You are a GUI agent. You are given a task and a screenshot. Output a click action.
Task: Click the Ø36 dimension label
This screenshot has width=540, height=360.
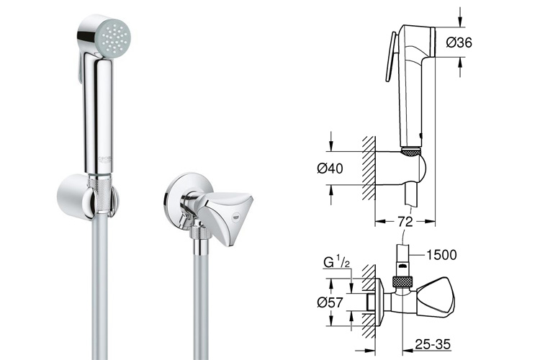click(459, 42)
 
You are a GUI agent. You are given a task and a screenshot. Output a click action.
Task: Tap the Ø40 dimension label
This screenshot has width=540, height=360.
click(330, 168)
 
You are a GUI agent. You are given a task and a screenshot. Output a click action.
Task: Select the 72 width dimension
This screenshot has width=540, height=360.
click(405, 221)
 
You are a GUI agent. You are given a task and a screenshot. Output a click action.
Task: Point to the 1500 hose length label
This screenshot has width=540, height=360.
click(441, 255)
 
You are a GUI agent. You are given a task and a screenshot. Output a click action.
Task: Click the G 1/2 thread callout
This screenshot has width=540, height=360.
click(337, 262)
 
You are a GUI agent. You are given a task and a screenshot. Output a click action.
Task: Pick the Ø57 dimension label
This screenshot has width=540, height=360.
click(330, 302)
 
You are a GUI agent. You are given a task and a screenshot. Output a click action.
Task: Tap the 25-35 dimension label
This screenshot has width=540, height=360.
click(433, 344)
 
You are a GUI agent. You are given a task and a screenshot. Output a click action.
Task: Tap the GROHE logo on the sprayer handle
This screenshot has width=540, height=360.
click(105, 159)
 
